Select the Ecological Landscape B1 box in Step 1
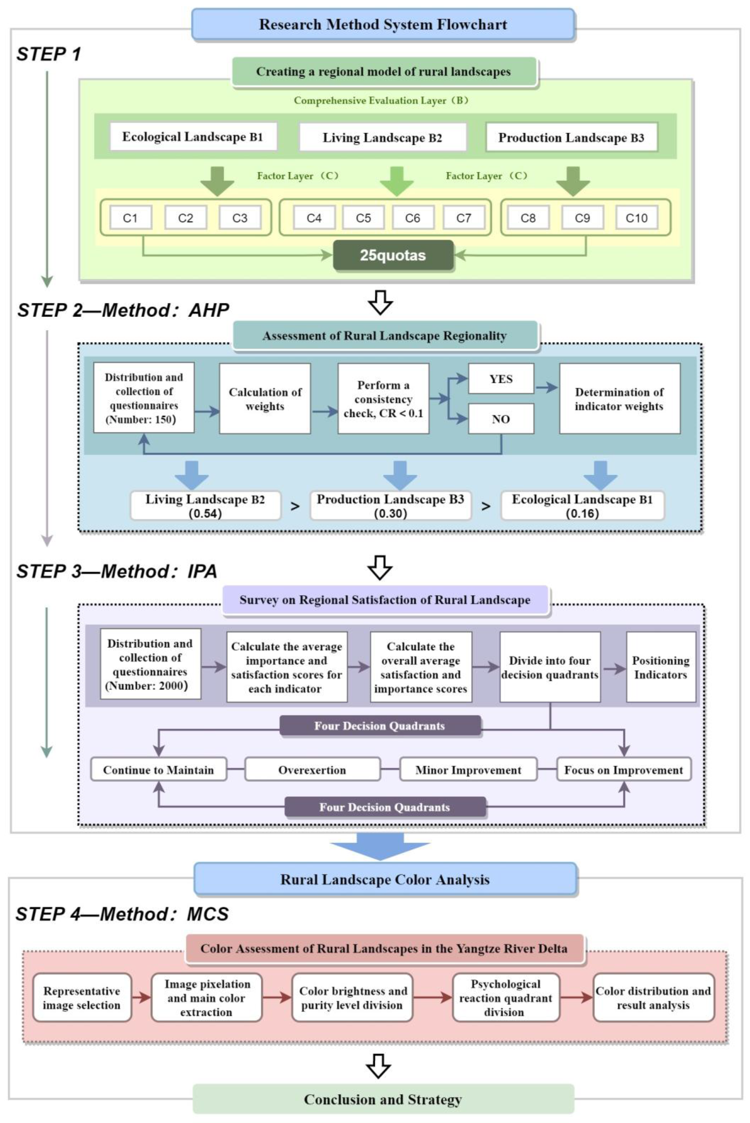[x=193, y=137]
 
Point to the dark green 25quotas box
[x=393, y=255]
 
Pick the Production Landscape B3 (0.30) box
[x=390, y=506]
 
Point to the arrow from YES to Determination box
[x=546, y=387]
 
